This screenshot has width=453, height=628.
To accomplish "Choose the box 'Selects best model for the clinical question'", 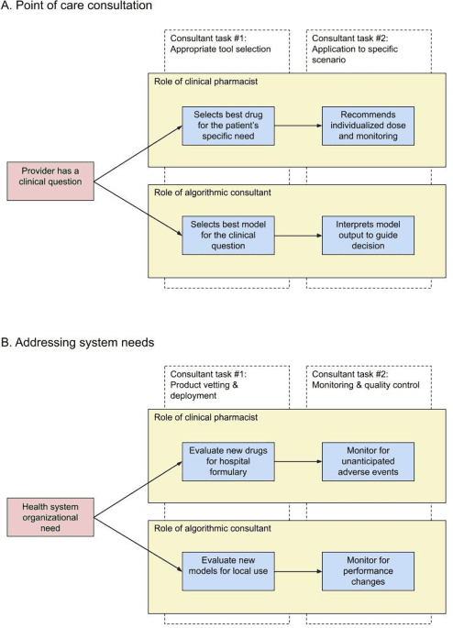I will [227, 233].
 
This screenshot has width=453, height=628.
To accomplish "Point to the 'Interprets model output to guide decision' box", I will [368, 233].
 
